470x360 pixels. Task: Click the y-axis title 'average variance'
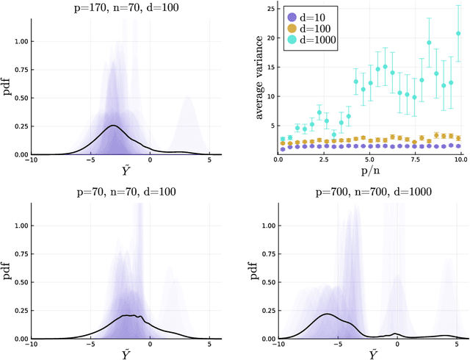click(x=259, y=77)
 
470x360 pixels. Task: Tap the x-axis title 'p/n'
click(x=370, y=170)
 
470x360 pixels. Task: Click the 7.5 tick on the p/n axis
click(x=415, y=159)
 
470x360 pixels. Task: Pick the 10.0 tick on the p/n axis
click(x=460, y=159)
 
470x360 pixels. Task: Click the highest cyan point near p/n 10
click(x=458, y=33)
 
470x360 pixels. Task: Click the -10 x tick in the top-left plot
click(x=31, y=159)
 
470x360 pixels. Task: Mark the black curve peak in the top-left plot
click(x=113, y=126)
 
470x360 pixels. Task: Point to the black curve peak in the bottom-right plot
click(x=327, y=314)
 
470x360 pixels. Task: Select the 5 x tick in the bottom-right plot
click(x=457, y=344)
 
